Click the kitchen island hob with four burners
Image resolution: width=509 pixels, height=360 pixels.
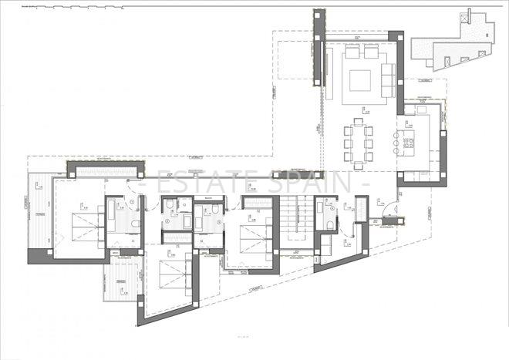(408, 140)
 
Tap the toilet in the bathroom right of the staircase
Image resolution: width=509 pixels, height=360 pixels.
(330, 224)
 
